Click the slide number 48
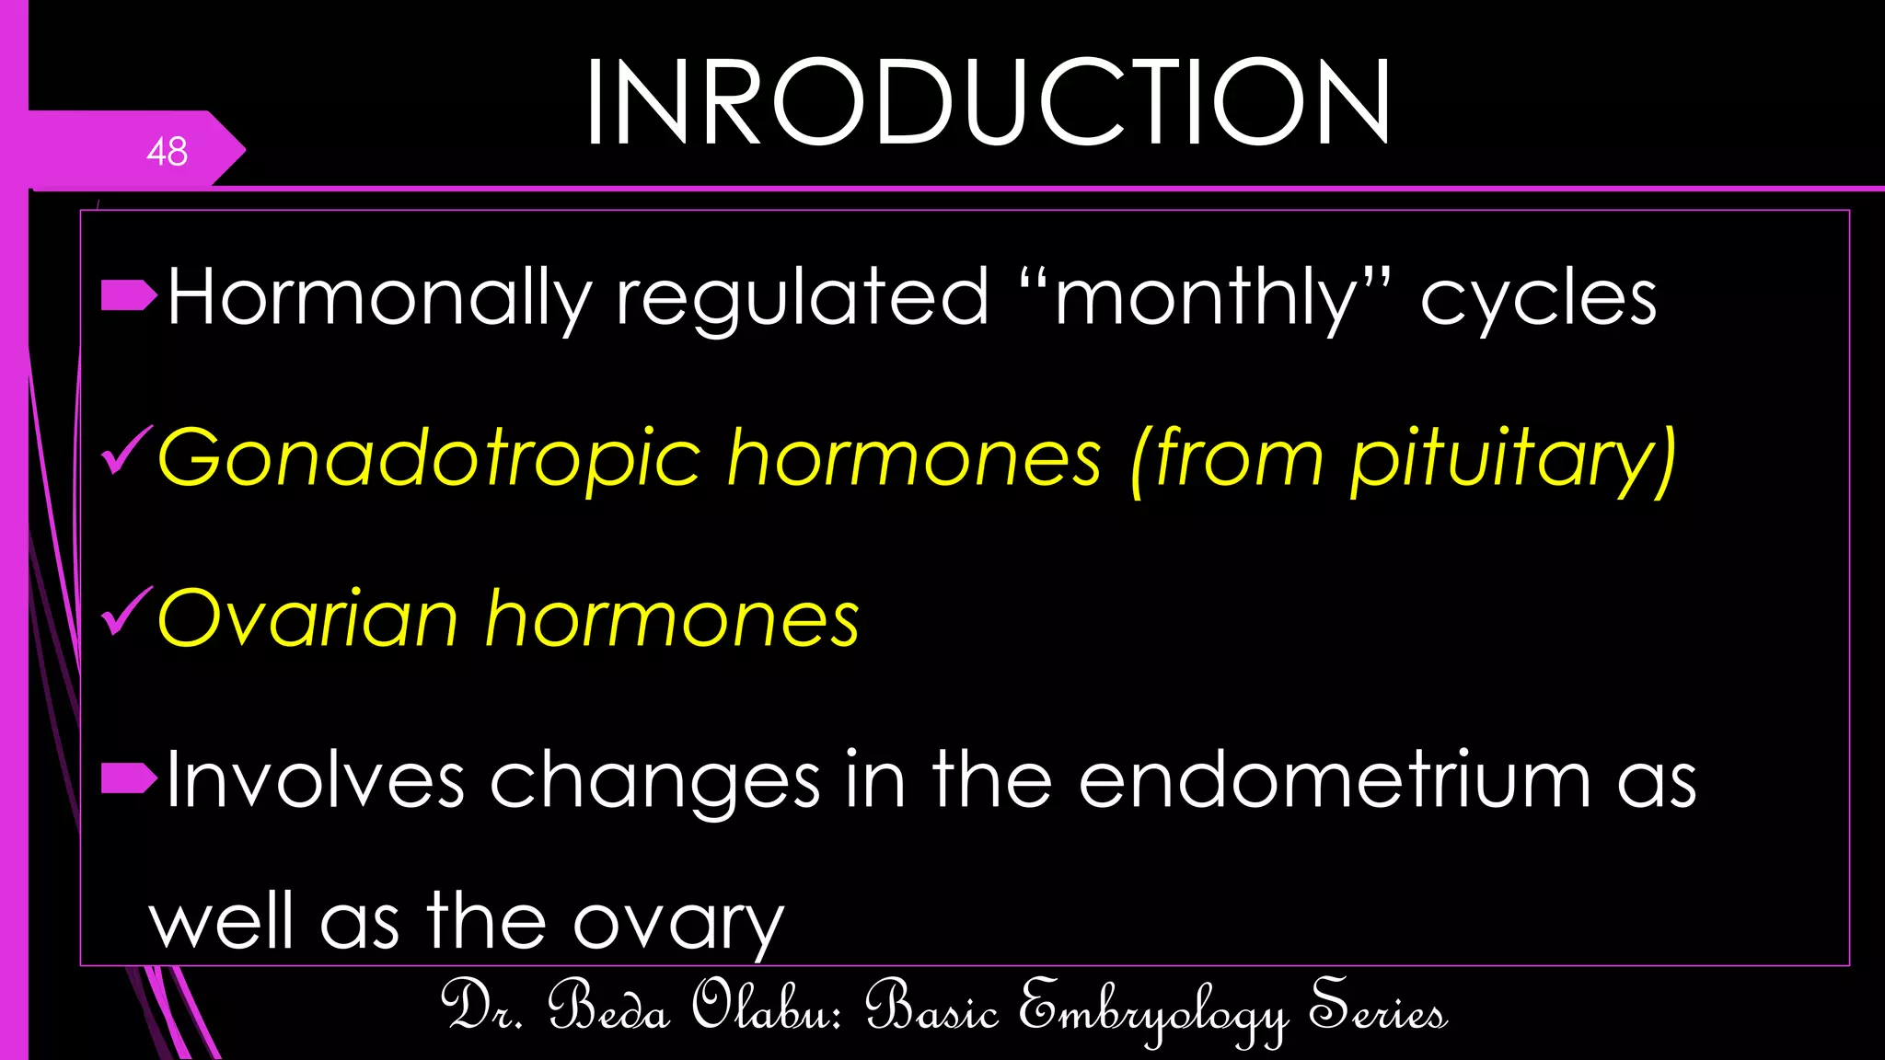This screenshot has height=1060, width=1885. click(167, 152)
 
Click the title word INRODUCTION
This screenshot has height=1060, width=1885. click(987, 102)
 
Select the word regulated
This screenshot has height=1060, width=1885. click(802, 298)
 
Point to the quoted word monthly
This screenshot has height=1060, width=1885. click(1206, 298)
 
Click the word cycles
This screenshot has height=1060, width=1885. click(1538, 298)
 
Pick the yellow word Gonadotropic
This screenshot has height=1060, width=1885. click(429, 458)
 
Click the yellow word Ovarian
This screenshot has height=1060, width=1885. click(308, 618)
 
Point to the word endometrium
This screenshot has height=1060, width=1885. click(1335, 780)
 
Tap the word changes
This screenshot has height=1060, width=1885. click(654, 780)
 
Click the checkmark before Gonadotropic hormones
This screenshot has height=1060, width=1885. click(126, 451)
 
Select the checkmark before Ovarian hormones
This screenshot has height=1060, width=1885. click(126, 611)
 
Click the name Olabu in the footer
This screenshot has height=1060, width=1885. click(767, 1007)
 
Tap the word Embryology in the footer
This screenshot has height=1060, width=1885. click(1153, 1010)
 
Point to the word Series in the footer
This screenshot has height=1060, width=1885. click(1378, 1007)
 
